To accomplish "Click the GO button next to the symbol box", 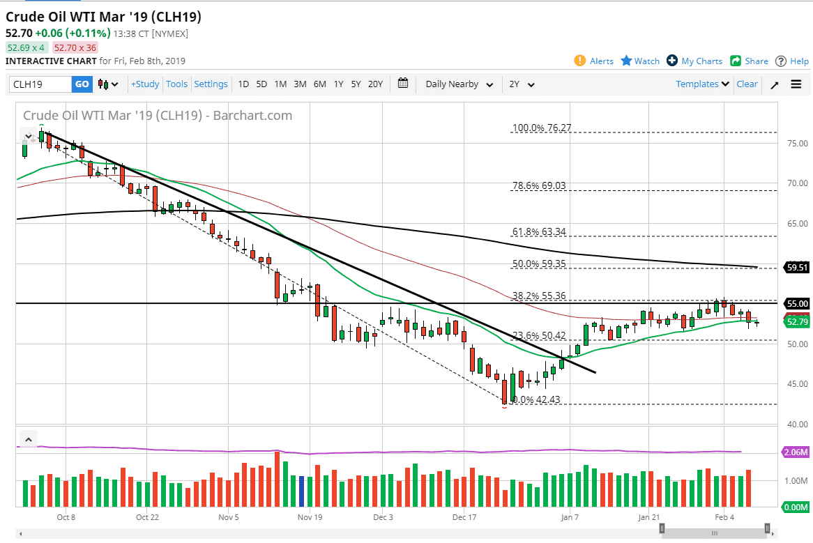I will (x=82, y=84).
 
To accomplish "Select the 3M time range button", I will (x=300, y=84).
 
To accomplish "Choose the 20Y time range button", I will (x=375, y=84).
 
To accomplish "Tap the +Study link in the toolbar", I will (x=145, y=84).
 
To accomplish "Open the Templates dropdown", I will (x=703, y=84).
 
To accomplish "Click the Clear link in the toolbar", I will (x=747, y=84).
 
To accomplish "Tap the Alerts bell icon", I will (x=580, y=61).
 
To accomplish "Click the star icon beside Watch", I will (x=626, y=61).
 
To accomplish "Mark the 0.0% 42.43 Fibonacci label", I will (x=537, y=400).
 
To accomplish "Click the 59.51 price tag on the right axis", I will (x=796, y=267).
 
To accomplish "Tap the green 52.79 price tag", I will (x=796, y=322).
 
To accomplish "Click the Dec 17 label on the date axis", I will (x=464, y=517).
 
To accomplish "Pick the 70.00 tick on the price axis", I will (x=797, y=183).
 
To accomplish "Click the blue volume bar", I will (x=301, y=491).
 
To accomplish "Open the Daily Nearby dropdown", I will (x=459, y=84).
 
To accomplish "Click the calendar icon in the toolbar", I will (x=403, y=84).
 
